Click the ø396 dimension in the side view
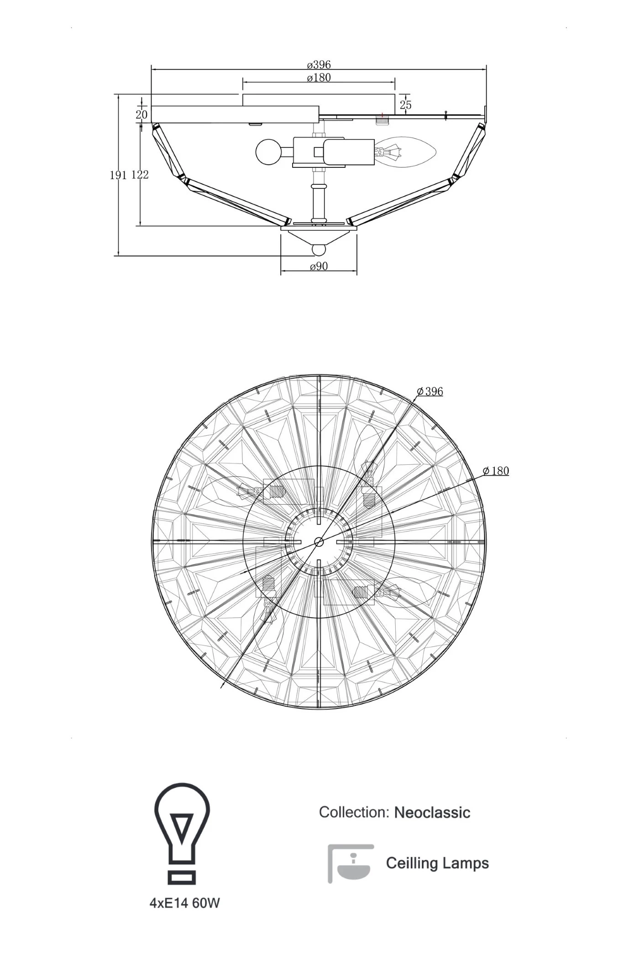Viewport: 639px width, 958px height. pyautogui.click(x=319, y=65)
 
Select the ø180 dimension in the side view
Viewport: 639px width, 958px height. pyautogui.click(x=319, y=78)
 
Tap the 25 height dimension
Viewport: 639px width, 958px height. pyautogui.click(x=405, y=105)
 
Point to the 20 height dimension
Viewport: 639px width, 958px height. pyautogui.click(x=141, y=115)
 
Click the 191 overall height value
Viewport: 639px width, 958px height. pyautogui.click(x=118, y=175)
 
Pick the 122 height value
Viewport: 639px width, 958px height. pyautogui.click(x=140, y=174)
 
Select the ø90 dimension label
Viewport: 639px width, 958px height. pyautogui.click(x=319, y=266)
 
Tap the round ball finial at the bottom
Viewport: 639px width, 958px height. pyautogui.click(x=318, y=250)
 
